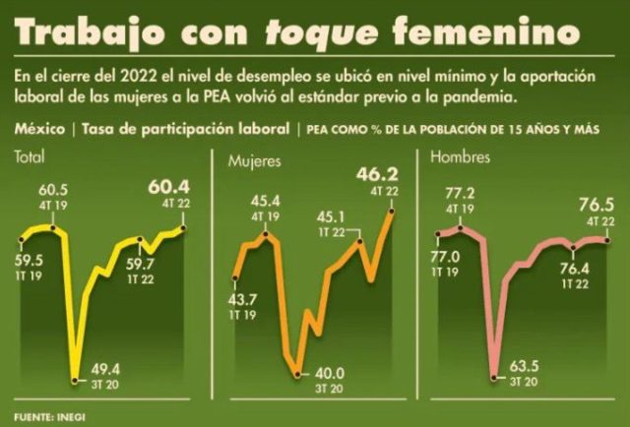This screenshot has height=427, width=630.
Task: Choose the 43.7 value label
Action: pos(242,298)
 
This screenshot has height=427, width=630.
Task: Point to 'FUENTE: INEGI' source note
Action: pos(48,413)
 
